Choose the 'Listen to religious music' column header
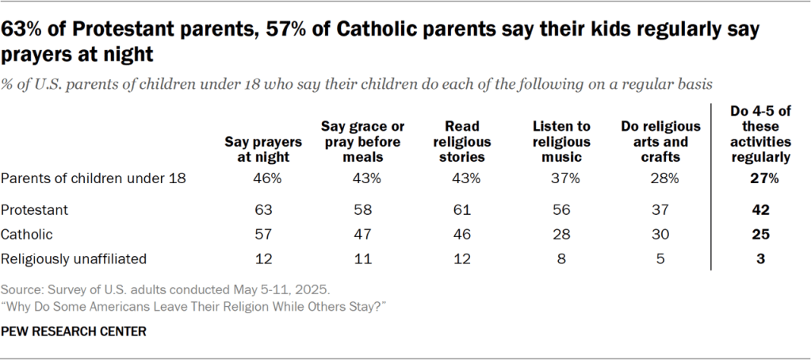562,142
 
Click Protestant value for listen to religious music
562,212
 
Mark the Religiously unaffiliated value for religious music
562,259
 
